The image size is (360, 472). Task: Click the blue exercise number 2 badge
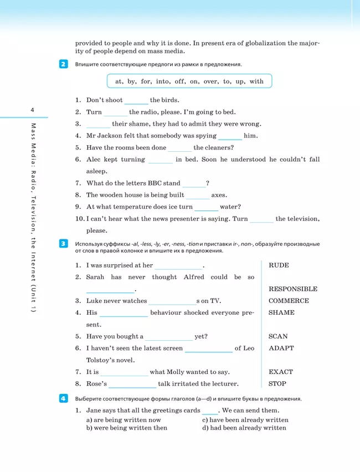point(63,64)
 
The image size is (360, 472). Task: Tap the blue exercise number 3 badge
point(63,243)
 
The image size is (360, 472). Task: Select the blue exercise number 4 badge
point(63,398)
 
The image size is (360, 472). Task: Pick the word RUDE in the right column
point(279,265)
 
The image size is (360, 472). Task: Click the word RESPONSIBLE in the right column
point(293,289)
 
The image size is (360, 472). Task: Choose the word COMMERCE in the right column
point(289,301)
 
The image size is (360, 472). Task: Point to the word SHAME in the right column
point(281,312)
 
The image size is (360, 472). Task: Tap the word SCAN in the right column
point(279,336)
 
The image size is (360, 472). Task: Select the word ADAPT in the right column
point(281,348)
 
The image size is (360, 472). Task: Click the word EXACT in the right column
point(281,372)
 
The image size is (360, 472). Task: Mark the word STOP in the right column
point(277,383)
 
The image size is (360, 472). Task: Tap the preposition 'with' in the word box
point(256,81)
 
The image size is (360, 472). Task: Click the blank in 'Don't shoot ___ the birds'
point(136,101)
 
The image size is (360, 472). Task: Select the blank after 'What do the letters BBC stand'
point(194,183)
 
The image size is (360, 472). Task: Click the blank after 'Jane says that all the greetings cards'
point(210,411)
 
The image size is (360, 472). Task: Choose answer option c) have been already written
point(245,420)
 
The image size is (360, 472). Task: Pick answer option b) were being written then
point(127,428)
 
